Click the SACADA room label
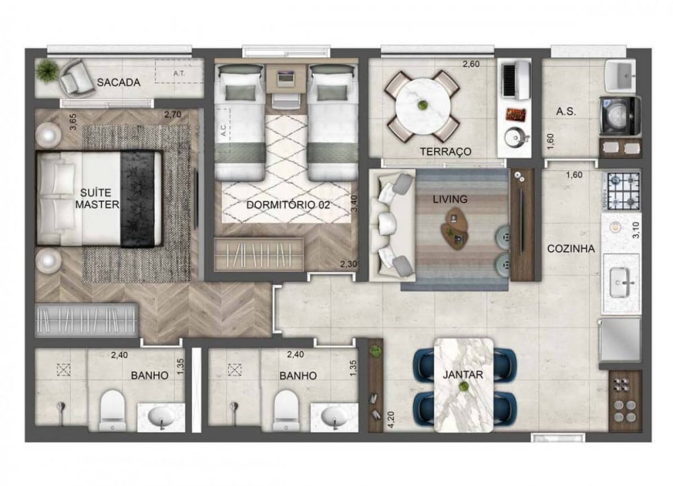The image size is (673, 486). click(118, 83)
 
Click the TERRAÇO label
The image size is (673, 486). click(445, 151)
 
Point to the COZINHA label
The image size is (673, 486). click(571, 248)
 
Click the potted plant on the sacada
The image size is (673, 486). click(47, 69)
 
